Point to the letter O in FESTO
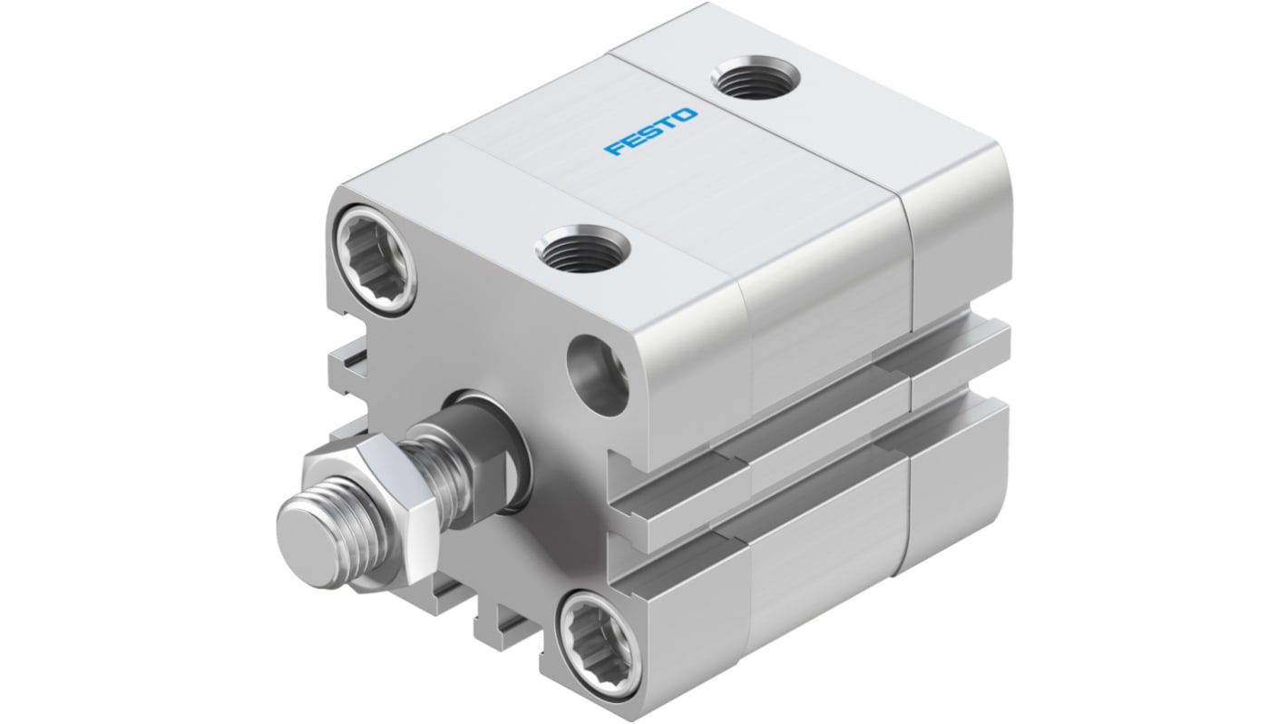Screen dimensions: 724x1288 686,116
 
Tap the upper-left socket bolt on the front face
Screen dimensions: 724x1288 375,256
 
